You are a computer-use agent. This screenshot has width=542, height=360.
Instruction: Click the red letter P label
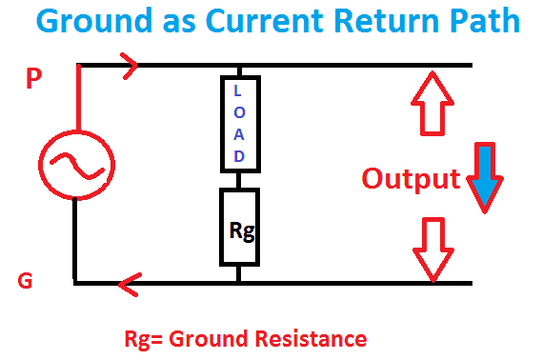[34, 79]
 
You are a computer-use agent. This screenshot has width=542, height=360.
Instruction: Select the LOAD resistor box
[239, 125]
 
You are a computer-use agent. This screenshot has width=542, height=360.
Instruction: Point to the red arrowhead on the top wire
[130, 65]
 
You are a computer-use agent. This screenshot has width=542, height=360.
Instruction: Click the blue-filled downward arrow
[486, 179]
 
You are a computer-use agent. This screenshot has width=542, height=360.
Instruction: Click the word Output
[411, 178]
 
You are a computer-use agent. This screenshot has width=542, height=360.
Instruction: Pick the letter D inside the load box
[239, 156]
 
